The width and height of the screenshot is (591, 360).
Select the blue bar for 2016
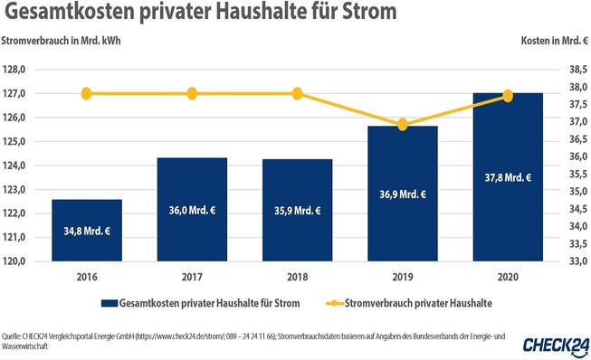pyautogui.click(x=87, y=231)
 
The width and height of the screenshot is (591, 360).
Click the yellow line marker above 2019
pyautogui.click(x=403, y=124)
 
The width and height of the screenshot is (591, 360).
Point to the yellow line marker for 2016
pyautogui.click(x=87, y=93)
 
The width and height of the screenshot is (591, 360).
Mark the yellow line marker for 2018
pyautogui.click(x=297, y=93)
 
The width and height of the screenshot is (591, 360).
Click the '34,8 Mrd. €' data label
pyautogui.click(x=87, y=232)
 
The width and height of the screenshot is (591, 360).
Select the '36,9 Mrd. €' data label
pyautogui.click(x=403, y=194)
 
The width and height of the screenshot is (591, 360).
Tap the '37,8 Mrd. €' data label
pyautogui.click(x=507, y=177)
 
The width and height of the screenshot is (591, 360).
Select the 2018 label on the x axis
pyautogui.click(x=297, y=277)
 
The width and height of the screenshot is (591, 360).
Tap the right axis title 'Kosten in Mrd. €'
pyautogui.click(x=552, y=43)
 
